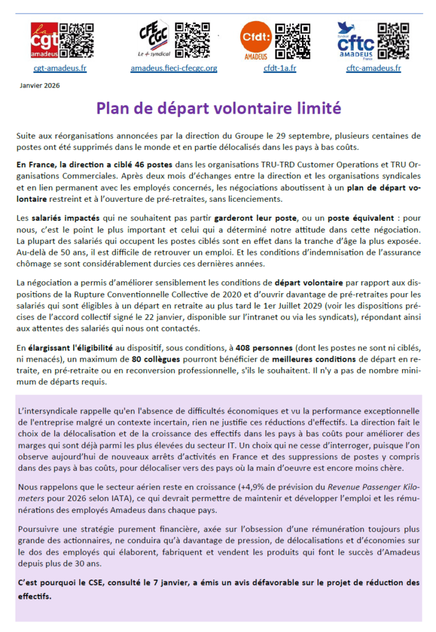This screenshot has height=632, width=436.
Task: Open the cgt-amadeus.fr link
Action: click(59, 68)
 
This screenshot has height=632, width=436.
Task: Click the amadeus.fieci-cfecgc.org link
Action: click(174, 68)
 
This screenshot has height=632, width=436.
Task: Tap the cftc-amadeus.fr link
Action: click(374, 68)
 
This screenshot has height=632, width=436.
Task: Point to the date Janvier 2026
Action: click(40, 86)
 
